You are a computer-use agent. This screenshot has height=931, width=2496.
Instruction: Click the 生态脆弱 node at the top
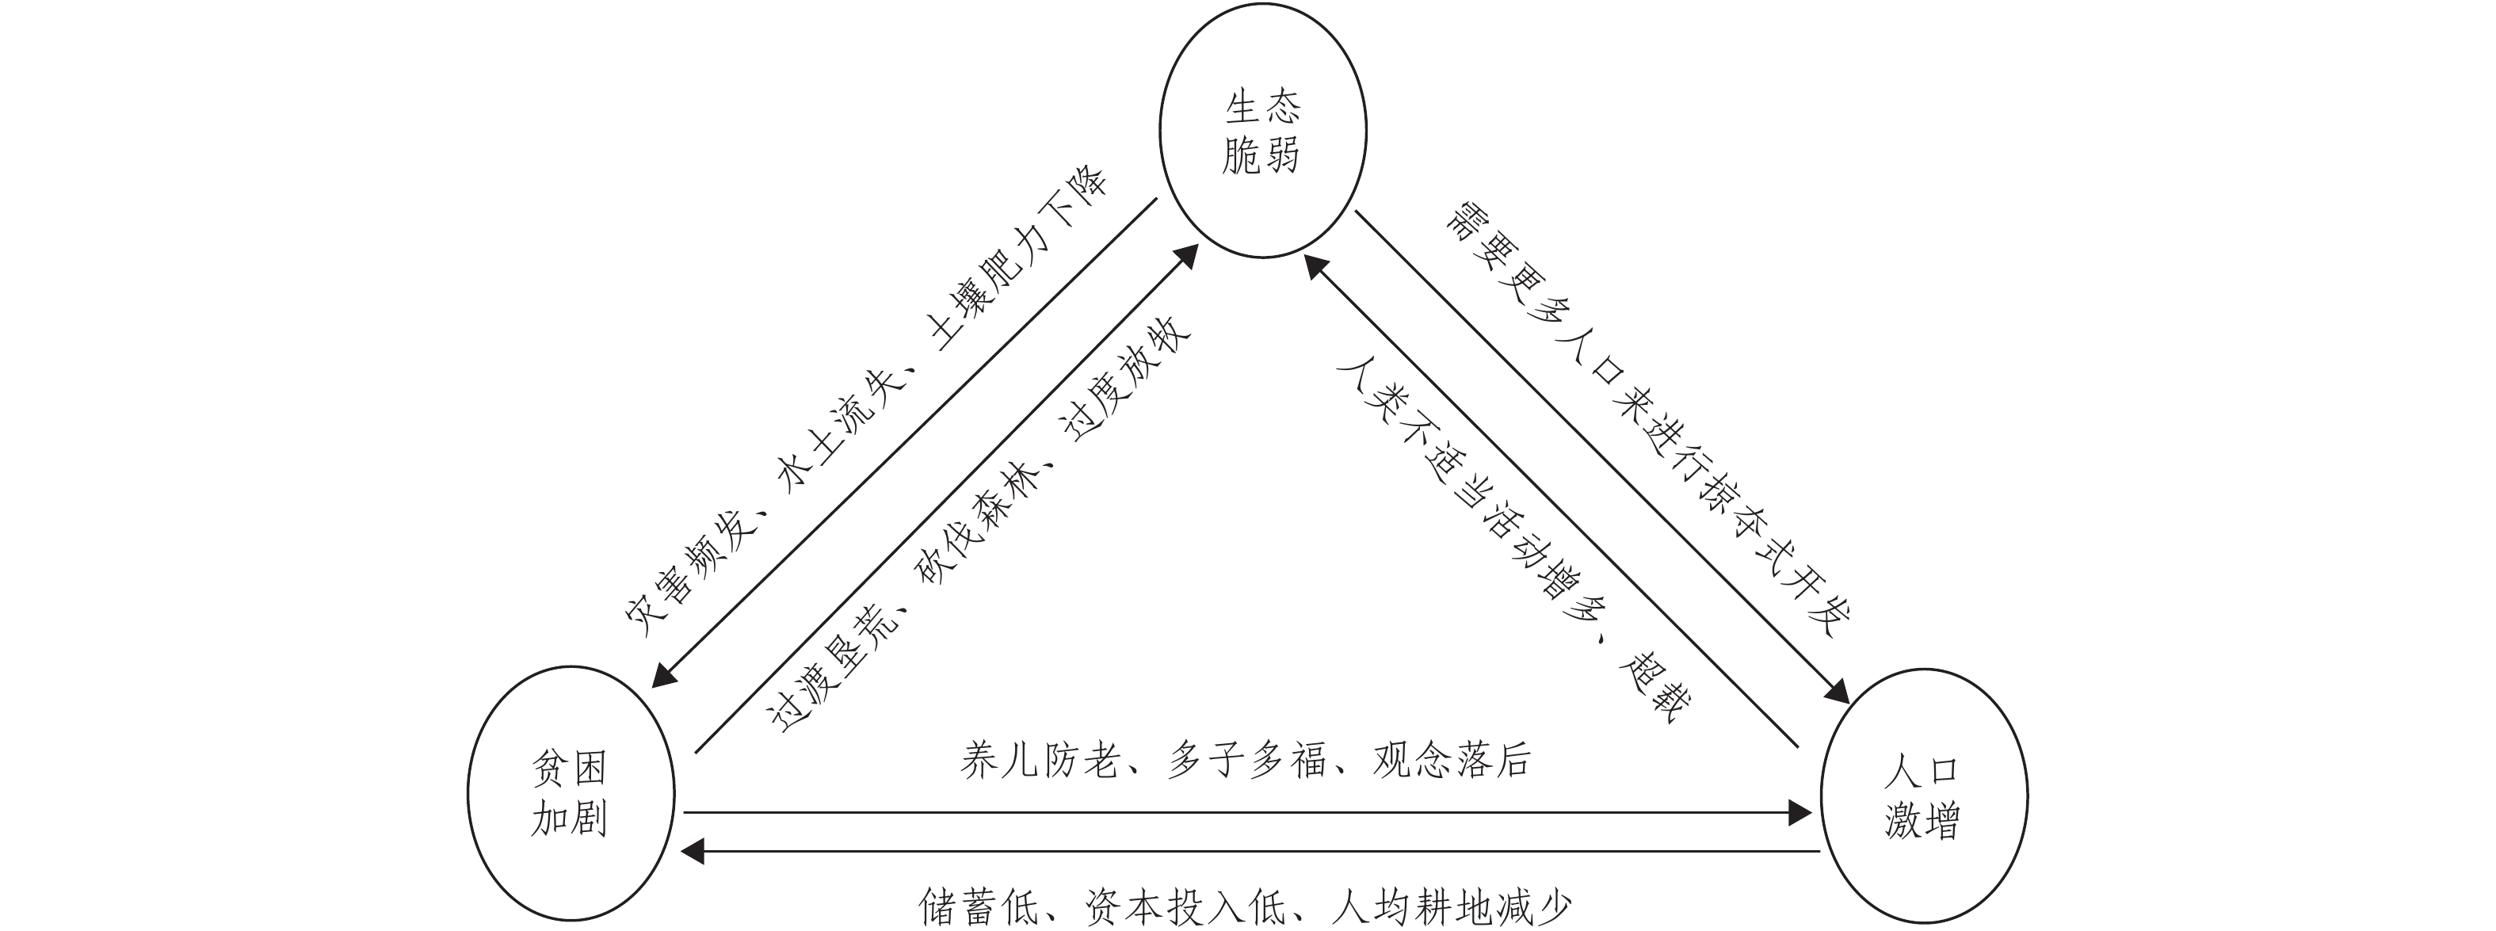pos(1262,130)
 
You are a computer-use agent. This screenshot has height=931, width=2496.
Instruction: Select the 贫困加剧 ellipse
pos(570,792)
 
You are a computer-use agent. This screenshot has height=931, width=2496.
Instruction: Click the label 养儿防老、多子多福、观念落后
pos(1245,761)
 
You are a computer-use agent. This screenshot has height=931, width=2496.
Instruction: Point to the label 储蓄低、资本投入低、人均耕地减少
pos(1245,906)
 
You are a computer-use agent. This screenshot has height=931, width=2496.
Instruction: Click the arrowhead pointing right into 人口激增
pos(1800,812)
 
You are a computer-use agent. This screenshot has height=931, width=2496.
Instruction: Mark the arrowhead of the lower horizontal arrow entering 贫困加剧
pos(694,852)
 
